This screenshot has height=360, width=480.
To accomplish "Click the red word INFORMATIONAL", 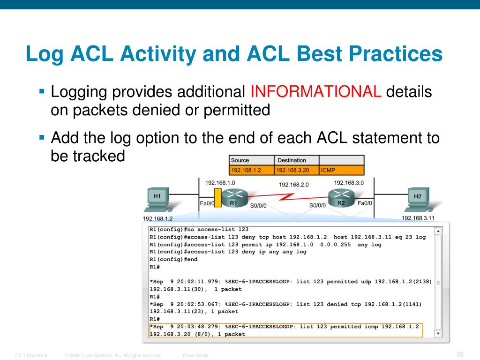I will pyautogui.click(x=316, y=91).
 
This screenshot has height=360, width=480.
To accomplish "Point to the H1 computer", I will pyautogui.click(x=159, y=201).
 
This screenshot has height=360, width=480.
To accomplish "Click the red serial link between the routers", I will pyautogui.click(x=287, y=197).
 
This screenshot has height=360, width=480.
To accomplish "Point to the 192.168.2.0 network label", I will pyautogui.click(x=294, y=185).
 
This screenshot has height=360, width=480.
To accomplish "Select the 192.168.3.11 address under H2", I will pyautogui.click(x=418, y=218).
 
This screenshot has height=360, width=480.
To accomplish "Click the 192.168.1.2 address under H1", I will pyautogui.click(x=157, y=218).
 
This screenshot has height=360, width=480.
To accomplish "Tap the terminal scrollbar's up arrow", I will pyautogui.click(x=438, y=231).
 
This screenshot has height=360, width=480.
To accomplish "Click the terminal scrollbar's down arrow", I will pyautogui.click(x=438, y=333).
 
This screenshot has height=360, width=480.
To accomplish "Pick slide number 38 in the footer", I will pyautogui.click(x=459, y=354).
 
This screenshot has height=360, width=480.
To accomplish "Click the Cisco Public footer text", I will pyautogui.click(x=195, y=356).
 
